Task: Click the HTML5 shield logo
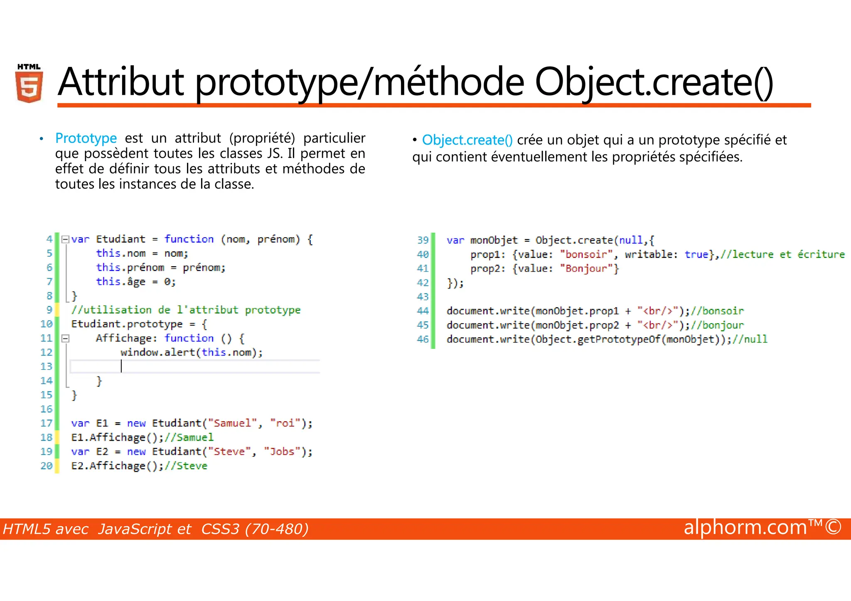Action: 29,84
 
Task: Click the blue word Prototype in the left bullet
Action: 86,138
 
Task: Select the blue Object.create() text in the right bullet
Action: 467,140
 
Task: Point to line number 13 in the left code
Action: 47,366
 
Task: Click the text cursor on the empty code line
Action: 121,366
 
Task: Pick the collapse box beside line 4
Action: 65,239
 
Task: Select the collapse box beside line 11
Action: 65,339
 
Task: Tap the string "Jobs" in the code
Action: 282,451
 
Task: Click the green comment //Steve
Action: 186,466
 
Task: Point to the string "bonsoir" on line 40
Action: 586,254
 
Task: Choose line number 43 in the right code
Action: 423,297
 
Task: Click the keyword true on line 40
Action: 696,254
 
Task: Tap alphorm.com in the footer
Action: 745,527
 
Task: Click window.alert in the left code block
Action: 158,353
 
